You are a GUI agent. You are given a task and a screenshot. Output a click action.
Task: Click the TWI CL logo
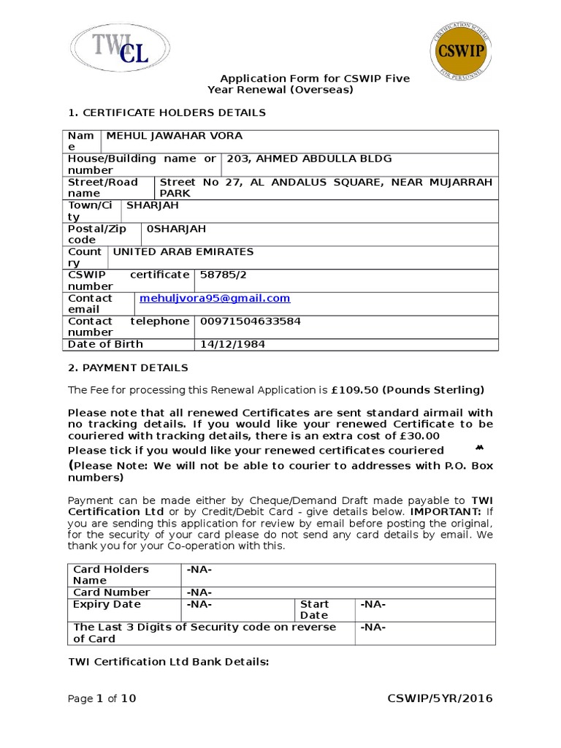(x=121, y=47)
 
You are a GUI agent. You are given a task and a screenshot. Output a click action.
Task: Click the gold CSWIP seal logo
(x=461, y=52)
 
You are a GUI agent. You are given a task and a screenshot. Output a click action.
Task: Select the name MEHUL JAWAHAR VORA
(x=175, y=136)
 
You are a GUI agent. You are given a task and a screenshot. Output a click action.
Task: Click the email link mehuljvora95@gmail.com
(x=215, y=298)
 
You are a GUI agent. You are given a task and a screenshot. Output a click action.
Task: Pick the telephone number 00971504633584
(x=250, y=321)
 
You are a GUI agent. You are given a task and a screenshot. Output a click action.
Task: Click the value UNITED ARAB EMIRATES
(x=183, y=252)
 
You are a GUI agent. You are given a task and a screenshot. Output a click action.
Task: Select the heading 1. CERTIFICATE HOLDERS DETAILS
(x=167, y=112)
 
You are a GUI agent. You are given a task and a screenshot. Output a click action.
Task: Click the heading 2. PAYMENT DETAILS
(x=128, y=367)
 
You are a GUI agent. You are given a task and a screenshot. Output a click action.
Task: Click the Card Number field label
(x=112, y=592)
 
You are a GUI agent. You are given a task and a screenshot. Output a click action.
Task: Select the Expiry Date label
(x=107, y=605)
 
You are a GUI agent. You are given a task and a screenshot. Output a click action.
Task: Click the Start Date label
(x=315, y=609)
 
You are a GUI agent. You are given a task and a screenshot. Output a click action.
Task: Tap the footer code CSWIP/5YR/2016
(x=440, y=699)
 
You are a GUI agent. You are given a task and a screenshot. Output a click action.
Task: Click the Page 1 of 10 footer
(x=102, y=699)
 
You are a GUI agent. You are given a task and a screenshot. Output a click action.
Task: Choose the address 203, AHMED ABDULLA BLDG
(x=310, y=159)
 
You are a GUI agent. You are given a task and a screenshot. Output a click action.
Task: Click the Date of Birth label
(x=105, y=344)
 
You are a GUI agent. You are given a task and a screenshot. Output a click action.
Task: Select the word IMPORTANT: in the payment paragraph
(x=446, y=512)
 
